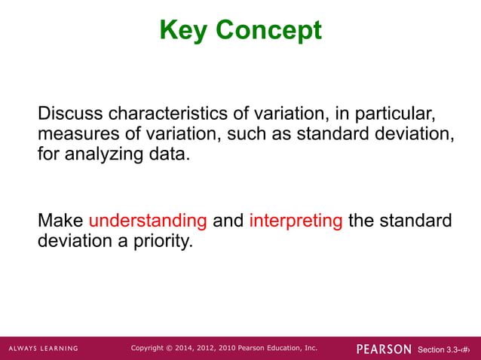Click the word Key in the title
(184, 30)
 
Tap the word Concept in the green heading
(268, 30)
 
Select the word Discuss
(71, 114)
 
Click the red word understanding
(148, 221)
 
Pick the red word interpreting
(296, 221)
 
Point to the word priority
(161, 243)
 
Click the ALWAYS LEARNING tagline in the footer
(44, 349)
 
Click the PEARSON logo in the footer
(384, 349)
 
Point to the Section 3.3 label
(438, 349)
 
